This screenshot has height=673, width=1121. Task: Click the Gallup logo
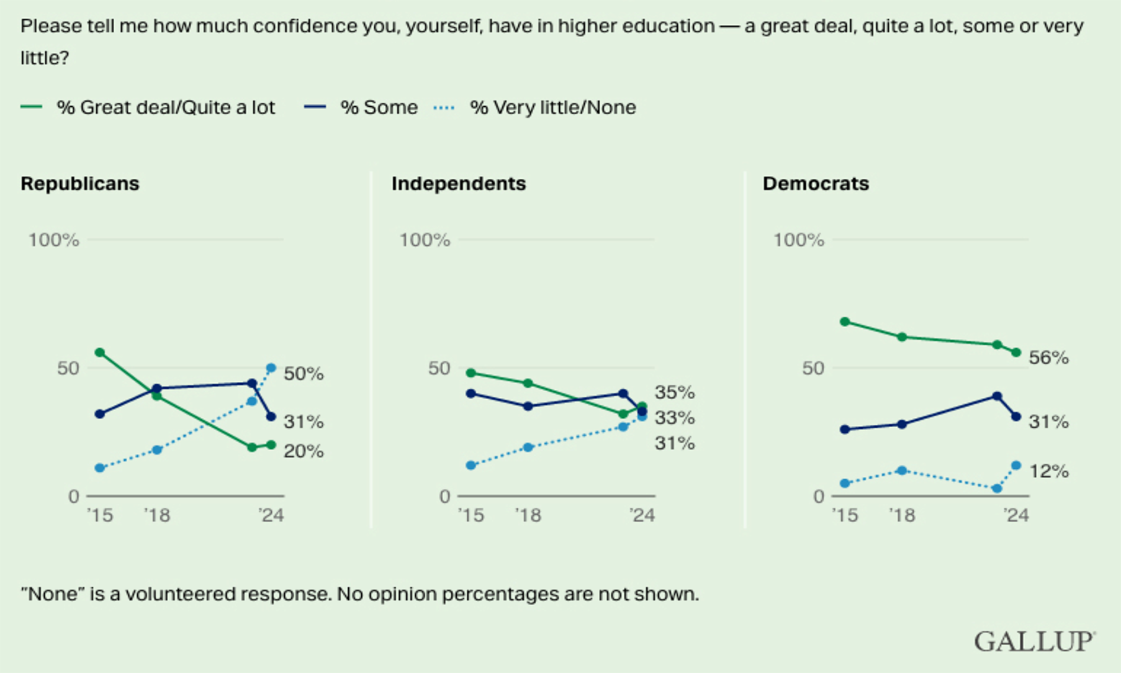[1034, 641]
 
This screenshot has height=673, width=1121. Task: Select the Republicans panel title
[80, 184]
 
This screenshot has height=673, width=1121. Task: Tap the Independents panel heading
[459, 184]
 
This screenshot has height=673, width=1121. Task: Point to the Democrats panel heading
[816, 184]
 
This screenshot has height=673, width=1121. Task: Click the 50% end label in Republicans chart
[304, 374]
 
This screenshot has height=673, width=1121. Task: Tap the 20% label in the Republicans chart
[304, 451]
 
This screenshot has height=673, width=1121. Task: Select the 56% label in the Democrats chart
[1048, 358]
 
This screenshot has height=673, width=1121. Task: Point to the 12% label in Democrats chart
[1048, 472]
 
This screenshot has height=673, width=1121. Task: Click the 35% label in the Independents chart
[675, 392]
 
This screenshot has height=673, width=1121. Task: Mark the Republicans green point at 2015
[100, 353]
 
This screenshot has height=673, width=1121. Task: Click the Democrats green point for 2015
[845, 322]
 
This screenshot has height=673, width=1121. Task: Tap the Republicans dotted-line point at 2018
[157, 449]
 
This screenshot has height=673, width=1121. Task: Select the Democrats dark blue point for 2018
[902, 425]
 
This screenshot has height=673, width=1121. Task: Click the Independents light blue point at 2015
[471, 465]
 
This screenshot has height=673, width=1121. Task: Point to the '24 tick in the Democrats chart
[1016, 515]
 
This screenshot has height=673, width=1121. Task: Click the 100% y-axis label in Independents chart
[425, 240]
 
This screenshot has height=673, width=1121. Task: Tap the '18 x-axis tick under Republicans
[157, 515]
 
